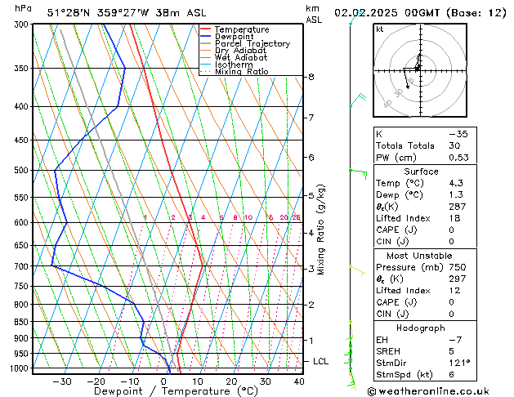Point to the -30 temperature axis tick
[x=62, y=381]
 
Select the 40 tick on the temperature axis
[x=299, y=381]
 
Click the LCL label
[x=321, y=361]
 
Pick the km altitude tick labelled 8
[x=311, y=77]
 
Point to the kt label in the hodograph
[x=380, y=29]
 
